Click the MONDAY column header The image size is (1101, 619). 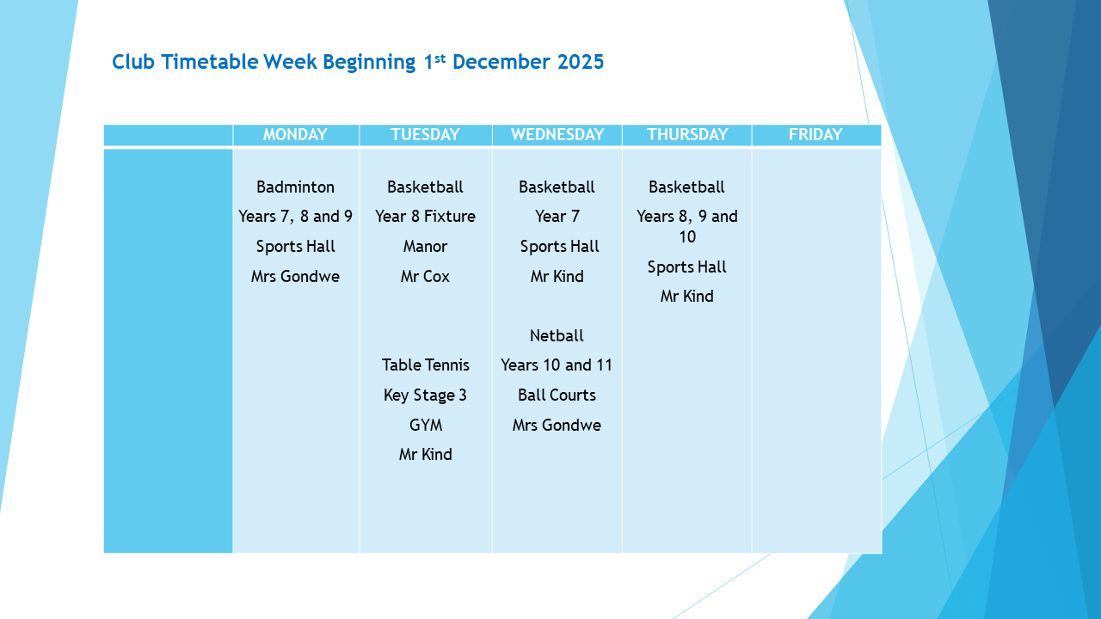295,135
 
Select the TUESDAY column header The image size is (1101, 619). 425,135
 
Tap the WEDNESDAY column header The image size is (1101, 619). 557,135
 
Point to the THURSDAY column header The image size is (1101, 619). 687,135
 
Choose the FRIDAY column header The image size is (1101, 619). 815,135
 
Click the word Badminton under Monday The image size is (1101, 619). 295,187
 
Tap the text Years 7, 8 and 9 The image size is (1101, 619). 295,217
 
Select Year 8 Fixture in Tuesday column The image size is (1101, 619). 425,217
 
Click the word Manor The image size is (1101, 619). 425,247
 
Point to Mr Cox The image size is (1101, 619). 425,277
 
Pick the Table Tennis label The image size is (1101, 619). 426,365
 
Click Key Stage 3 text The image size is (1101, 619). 425,395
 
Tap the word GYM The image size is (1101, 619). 426,425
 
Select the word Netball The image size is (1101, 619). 557,335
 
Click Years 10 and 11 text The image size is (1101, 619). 557,365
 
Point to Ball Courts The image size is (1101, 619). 557,395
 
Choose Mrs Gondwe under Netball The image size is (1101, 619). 557,425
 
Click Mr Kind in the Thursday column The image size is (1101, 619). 686,297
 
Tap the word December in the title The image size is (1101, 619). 501,62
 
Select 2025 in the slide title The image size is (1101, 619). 581,62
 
